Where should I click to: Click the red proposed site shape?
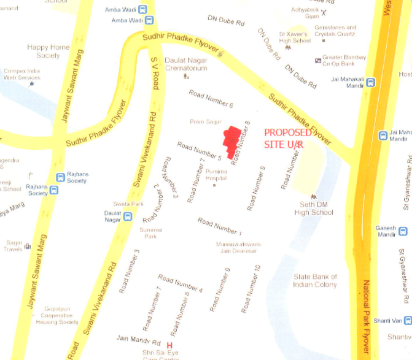(x=232, y=142)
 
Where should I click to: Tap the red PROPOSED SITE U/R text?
(x=287, y=138)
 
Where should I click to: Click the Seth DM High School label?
(x=313, y=209)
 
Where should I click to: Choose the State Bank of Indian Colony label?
(x=314, y=280)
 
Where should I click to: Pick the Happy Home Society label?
(x=48, y=52)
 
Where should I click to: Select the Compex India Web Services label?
(x=21, y=74)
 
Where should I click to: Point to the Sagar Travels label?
(x=13, y=246)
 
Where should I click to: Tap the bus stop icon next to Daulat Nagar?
(x=128, y=216)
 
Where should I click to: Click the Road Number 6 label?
(x=211, y=99)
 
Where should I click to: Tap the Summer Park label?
(x=150, y=233)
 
